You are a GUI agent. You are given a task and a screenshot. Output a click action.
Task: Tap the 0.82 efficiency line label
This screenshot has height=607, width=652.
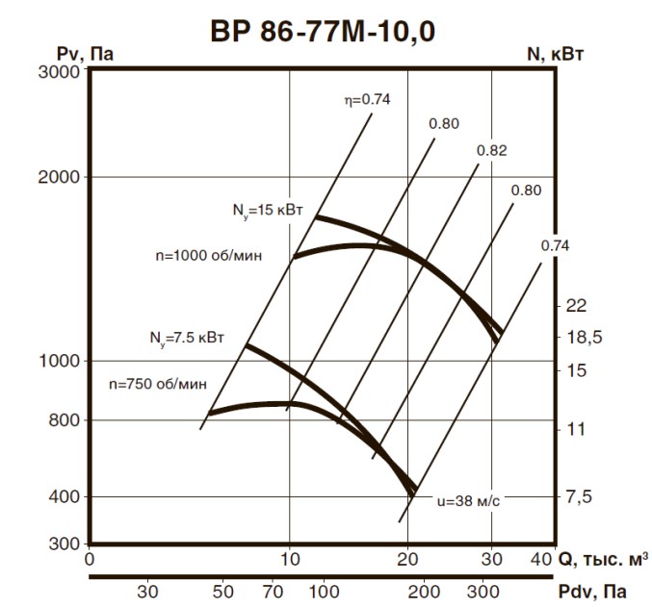[x=491, y=151]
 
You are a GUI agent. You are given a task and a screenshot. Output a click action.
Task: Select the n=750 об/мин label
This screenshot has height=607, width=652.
[x=158, y=384]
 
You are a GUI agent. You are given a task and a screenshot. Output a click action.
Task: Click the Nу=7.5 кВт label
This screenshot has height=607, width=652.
[x=187, y=337]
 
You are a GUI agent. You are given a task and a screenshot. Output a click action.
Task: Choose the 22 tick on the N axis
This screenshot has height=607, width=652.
[x=577, y=306]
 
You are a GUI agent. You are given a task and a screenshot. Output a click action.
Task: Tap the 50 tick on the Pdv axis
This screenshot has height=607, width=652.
[x=223, y=590]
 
